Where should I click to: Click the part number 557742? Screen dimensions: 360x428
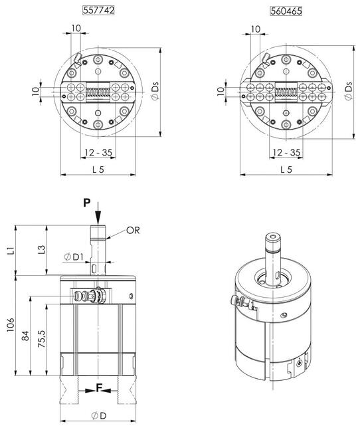click(x=98, y=11)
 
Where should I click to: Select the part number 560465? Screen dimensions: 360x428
click(x=286, y=11)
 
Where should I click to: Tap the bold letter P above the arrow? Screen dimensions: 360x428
click(x=87, y=203)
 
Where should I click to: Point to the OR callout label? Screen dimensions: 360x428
click(x=133, y=231)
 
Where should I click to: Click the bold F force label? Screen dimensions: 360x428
click(x=99, y=387)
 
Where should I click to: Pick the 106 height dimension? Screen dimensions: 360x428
click(x=11, y=324)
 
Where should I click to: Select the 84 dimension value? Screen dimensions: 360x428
click(x=25, y=336)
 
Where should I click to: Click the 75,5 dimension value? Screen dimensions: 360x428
click(x=41, y=338)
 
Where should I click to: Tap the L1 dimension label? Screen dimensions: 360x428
click(x=11, y=250)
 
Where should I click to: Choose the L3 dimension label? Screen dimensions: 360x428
click(x=41, y=250)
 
